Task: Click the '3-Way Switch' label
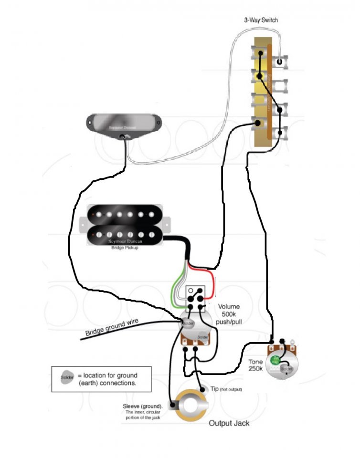261,20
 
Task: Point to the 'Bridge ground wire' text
112,328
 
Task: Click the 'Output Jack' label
229,423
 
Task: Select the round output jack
192,405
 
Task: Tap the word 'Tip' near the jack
214,389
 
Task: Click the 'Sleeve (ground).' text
143,406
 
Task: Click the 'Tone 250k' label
255,366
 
